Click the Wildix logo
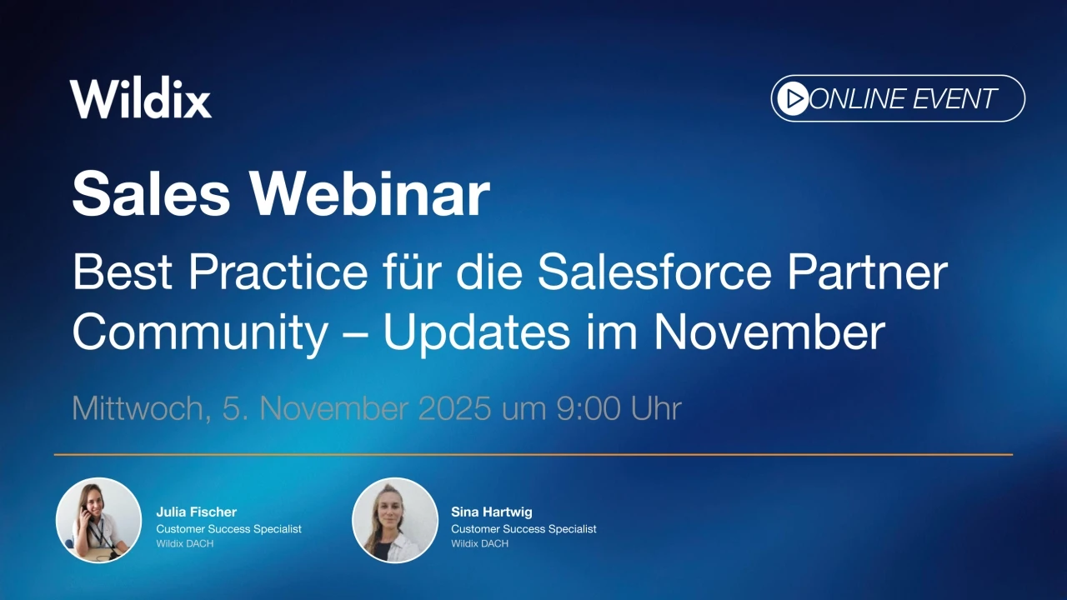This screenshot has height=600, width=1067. [x=140, y=99]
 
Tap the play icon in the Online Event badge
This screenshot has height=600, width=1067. [x=792, y=99]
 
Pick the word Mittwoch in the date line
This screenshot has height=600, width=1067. [x=138, y=409]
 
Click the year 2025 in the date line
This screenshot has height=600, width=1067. [x=454, y=409]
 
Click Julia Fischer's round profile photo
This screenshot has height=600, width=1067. [x=98, y=520]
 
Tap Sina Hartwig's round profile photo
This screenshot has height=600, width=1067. [x=395, y=520]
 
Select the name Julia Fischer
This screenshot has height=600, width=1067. [x=197, y=512]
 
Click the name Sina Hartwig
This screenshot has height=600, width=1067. [x=491, y=512]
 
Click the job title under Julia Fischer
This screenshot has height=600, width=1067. [x=228, y=529]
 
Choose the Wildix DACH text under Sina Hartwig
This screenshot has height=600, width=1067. [x=479, y=544]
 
